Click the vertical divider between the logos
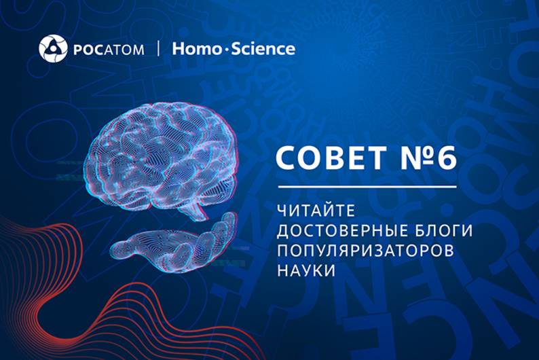(x=158, y=49)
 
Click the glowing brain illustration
(x=160, y=160)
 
